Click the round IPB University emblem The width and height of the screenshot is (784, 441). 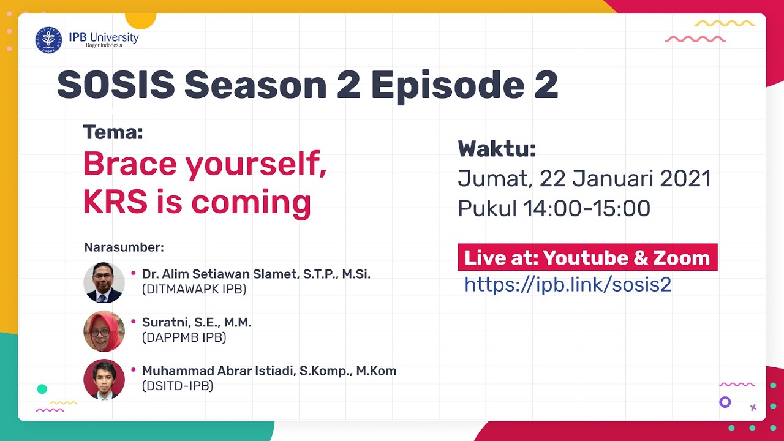[x=48, y=40]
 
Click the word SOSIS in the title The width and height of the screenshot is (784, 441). [x=116, y=85]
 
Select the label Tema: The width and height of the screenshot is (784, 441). [x=113, y=132]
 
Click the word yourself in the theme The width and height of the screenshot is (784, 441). [x=256, y=165]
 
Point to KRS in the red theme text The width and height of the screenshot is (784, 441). [x=115, y=202]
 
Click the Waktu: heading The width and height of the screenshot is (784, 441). [x=497, y=149]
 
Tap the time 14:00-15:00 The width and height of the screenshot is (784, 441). [x=587, y=208]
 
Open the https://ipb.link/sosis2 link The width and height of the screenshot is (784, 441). [x=568, y=284]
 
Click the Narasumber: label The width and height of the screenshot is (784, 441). [x=124, y=247]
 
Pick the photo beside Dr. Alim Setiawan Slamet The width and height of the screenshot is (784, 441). [x=104, y=282]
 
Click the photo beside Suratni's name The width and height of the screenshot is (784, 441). [x=104, y=331]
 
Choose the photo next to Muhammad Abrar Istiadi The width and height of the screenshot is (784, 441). [x=104, y=379]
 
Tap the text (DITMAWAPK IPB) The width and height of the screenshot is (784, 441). [x=194, y=289]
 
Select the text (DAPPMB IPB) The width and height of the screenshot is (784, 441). [x=184, y=337]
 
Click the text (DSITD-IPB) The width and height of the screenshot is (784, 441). [x=178, y=386]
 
